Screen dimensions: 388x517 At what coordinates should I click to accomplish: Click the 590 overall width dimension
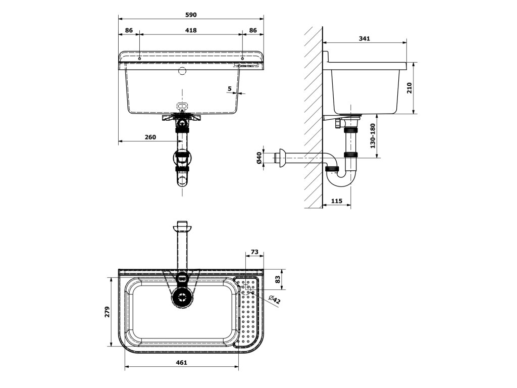coord(190,15)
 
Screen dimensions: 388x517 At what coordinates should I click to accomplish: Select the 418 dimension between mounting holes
coord(190,30)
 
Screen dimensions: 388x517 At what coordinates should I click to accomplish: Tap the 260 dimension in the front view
coord(150,137)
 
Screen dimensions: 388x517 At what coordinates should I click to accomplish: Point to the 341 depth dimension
coord(364,38)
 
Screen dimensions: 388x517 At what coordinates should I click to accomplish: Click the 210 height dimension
coord(409,88)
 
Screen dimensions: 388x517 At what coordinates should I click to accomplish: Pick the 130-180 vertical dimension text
coord(373,136)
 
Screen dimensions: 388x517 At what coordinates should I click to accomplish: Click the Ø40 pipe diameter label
coord(259,158)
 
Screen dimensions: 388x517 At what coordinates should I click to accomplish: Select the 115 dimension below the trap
coord(337,201)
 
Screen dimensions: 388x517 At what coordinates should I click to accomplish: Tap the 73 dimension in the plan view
coord(254,252)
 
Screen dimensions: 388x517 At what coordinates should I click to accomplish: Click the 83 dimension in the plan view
coord(278,279)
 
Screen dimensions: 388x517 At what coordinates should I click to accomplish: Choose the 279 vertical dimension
coord(107,312)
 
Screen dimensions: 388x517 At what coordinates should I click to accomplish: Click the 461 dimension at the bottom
coord(182,362)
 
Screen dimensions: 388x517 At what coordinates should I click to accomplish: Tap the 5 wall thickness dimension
coord(230,89)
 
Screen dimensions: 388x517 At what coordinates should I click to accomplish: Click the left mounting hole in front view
coord(139,58)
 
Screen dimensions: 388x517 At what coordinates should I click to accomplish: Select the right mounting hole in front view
coord(242,58)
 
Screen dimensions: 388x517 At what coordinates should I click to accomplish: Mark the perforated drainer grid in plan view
coord(248,313)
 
